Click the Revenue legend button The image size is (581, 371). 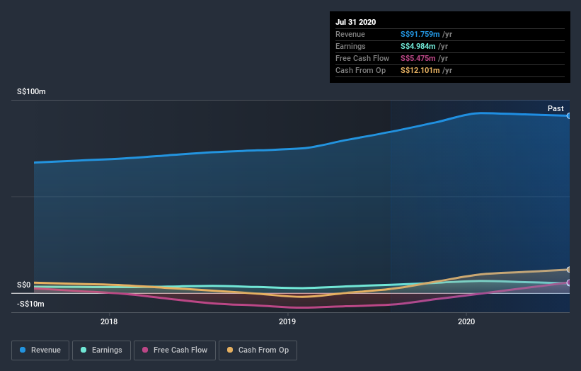[41, 350]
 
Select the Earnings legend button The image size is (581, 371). [101, 350]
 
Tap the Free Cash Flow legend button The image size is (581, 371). [173, 350]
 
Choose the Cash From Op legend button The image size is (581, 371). [258, 350]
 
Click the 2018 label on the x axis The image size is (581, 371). [109, 322]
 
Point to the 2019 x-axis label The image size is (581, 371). [287, 322]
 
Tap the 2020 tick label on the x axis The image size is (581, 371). [466, 322]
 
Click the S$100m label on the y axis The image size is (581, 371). [31, 92]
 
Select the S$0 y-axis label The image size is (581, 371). [24, 285]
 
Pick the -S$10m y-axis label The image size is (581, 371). [30, 304]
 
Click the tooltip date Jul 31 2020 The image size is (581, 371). [355, 22]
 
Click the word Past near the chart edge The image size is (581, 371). [556, 108]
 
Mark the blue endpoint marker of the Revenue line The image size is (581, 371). [569, 115]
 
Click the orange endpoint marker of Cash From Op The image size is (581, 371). [569, 270]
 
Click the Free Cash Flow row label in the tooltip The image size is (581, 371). [362, 58]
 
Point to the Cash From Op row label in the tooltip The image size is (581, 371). [361, 70]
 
